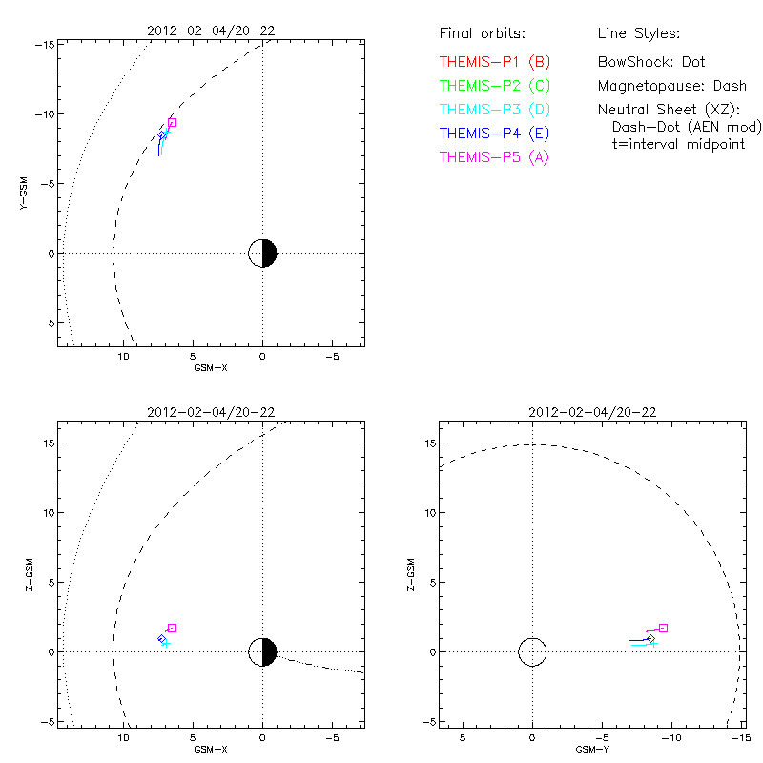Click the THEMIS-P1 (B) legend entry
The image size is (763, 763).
tap(495, 62)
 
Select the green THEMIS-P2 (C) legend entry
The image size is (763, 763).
tap(495, 86)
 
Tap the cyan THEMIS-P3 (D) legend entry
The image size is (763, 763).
tap(495, 110)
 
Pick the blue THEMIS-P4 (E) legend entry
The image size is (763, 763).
tap(495, 134)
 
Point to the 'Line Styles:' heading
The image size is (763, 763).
tap(638, 34)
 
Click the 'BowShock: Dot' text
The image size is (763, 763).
tap(651, 62)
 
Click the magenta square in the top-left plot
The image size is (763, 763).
tap(173, 122)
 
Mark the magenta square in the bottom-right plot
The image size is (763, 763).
tap(663, 628)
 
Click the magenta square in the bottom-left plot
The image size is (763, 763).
tap(173, 628)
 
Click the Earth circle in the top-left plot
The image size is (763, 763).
tap(262, 253)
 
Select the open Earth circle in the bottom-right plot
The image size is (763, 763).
tap(532, 652)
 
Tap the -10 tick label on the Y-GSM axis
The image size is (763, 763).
tap(43, 114)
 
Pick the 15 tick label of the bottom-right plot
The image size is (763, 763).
tap(430, 443)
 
